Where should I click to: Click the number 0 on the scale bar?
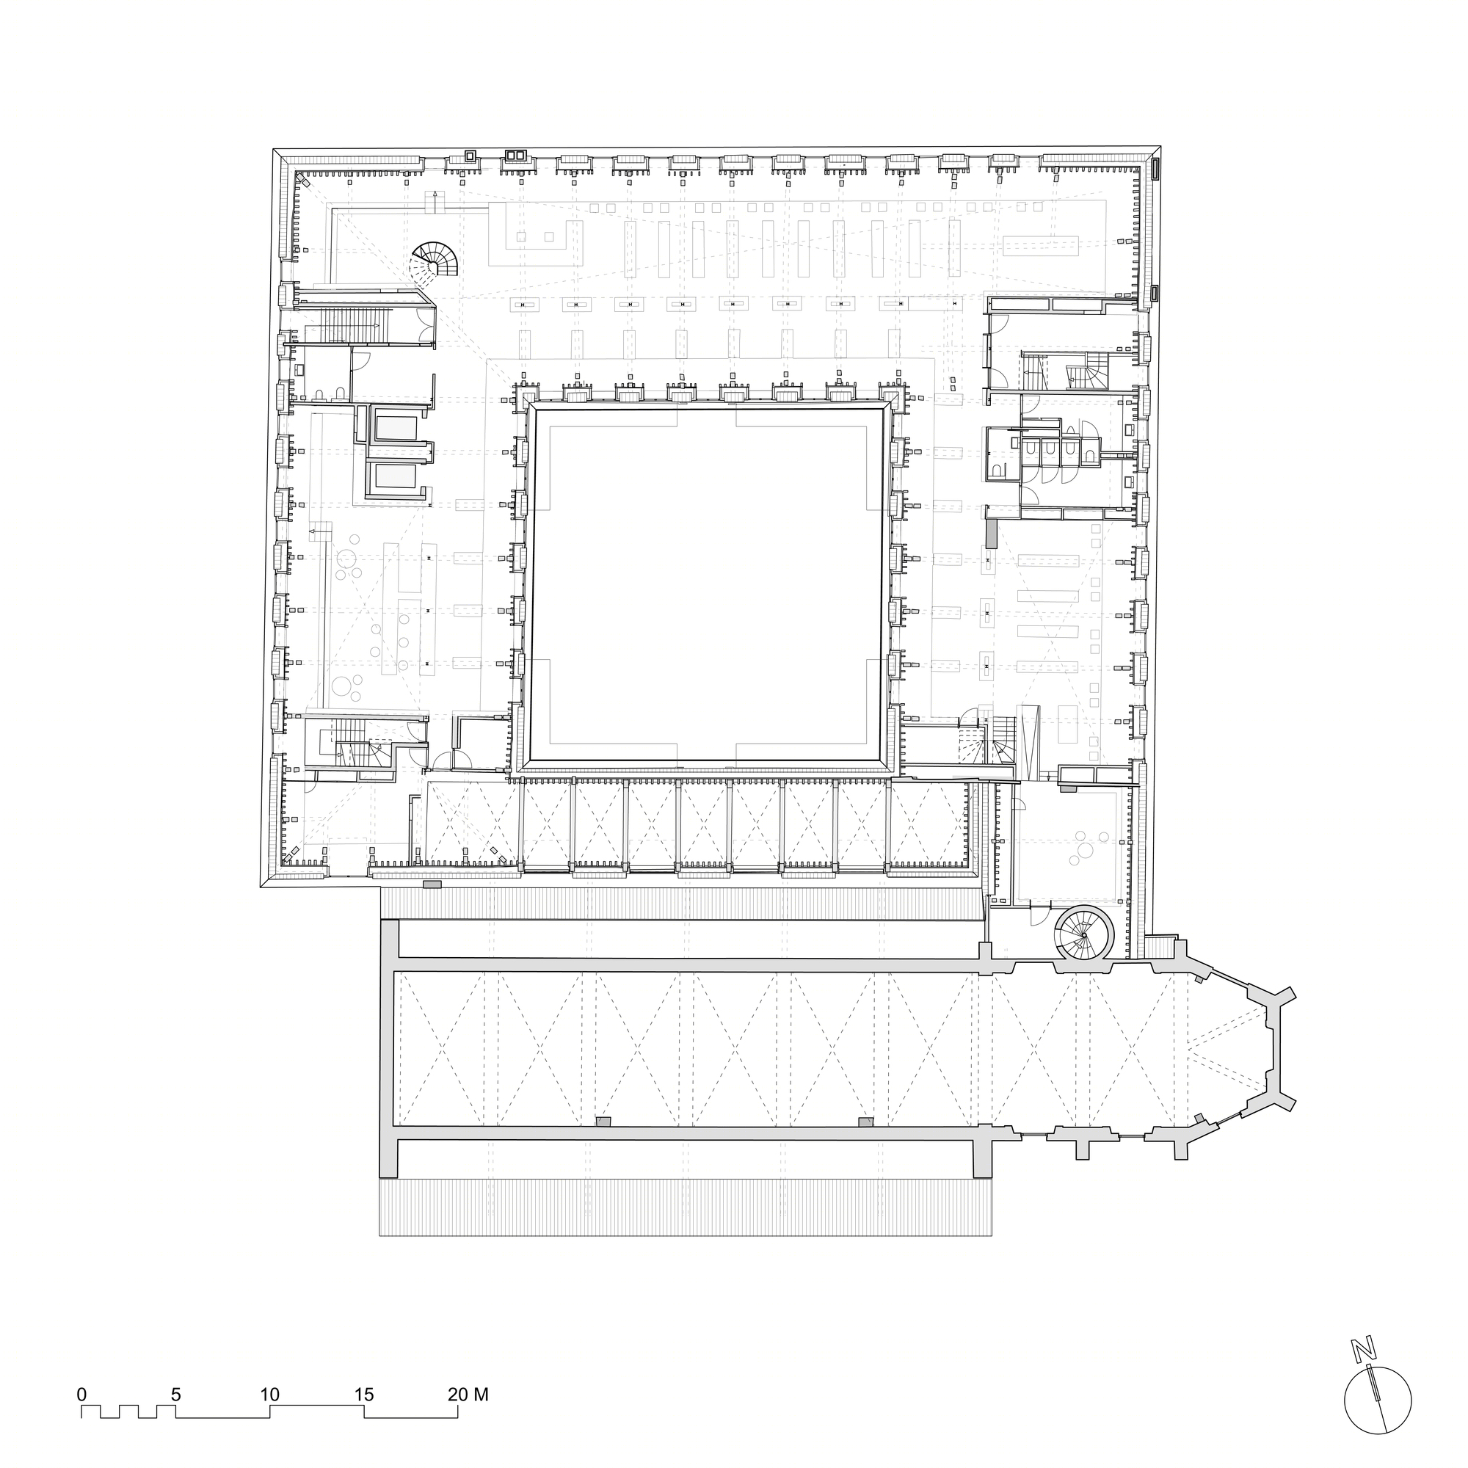click(x=81, y=1395)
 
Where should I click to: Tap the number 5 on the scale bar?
click(x=175, y=1395)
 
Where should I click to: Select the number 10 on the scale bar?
click(x=269, y=1395)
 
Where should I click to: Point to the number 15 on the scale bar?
click(x=364, y=1395)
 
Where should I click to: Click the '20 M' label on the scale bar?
click(x=468, y=1395)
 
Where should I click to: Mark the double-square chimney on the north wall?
click(x=516, y=156)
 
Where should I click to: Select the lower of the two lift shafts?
click(x=393, y=476)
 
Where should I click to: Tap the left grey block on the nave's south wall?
click(x=603, y=1122)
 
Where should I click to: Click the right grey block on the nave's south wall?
click(x=865, y=1122)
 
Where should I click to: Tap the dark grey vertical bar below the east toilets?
click(x=991, y=533)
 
